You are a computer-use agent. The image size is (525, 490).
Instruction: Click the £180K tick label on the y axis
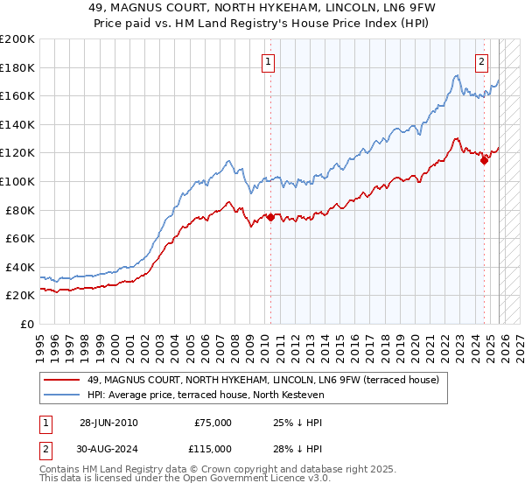click(x=17, y=67)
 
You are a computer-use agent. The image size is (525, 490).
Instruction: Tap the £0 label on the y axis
click(x=28, y=324)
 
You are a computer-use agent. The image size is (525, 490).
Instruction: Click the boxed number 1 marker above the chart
click(x=267, y=61)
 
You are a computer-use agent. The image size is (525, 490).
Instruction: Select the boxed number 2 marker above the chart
click(x=482, y=61)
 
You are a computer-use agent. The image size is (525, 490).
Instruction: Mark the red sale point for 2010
click(x=270, y=217)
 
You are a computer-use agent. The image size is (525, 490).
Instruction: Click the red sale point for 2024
click(x=484, y=159)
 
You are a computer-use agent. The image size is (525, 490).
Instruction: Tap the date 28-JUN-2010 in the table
click(x=108, y=423)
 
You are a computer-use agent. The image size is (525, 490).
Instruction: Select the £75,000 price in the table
click(x=213, y=423)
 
